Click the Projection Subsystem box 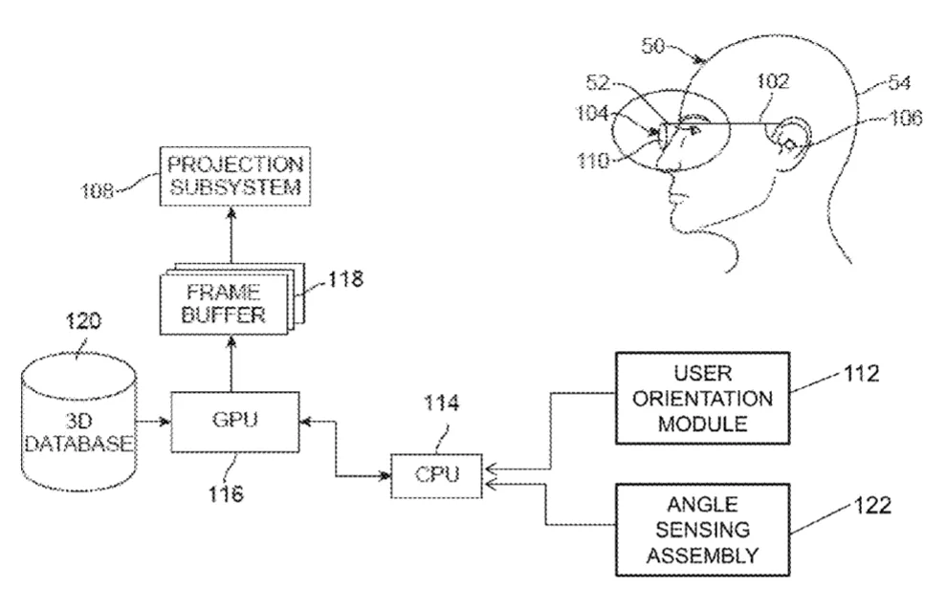tap(235, 176)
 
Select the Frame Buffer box tap(224, 304)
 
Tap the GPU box tap(235, 422)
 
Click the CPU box tap(436, 476)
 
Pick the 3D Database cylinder tap(78, 423)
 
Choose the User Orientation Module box tap(702, 399)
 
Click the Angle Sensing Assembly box tap(702, 530)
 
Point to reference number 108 tap(97, 191)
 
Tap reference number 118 tap(345, 279)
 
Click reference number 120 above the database tap(83, 320)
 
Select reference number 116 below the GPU tap(226, 494)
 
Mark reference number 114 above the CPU tap(441, 403)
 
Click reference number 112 tap(861, 373)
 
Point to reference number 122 tap(872, 505)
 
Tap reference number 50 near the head tap(653, 45)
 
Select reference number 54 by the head tap(899, 82)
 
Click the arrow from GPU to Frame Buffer tap(231, 364)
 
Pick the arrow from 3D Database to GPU tap(153, 421)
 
